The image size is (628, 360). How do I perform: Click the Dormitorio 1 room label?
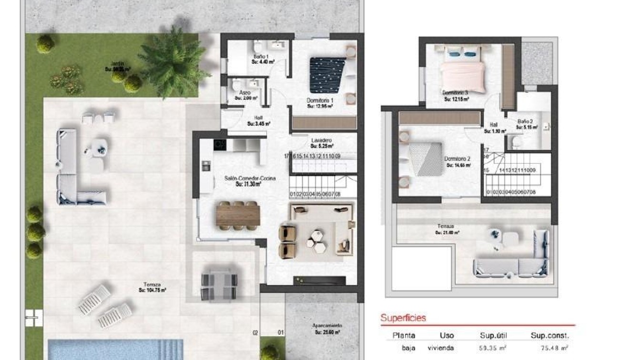click(319, 101)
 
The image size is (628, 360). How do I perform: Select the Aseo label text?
click(245, 93)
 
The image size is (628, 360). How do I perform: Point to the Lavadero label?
click(321, 141)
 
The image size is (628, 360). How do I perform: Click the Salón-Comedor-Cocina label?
click(249, 179)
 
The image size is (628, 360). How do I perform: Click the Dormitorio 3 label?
click(455, 92)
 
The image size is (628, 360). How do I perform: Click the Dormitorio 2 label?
click(458, 159)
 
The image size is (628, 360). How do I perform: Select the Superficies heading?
click(403, 318)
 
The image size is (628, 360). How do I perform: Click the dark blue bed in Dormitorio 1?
click(328, 75)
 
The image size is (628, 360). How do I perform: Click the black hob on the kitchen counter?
click(219, 144)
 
